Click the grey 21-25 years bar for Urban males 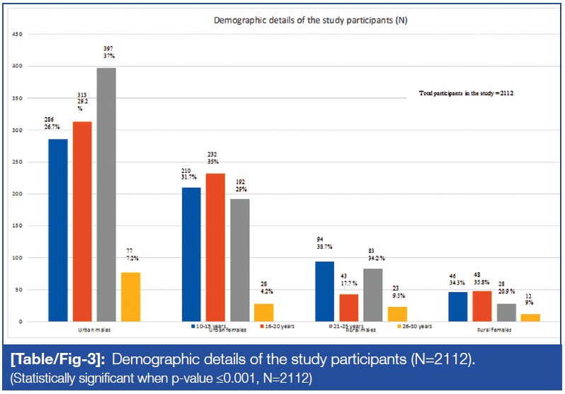[106, 195]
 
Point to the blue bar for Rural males [325, 291]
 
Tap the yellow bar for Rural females [530, 317]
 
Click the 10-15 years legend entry [210, 327]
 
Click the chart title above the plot [311, 21]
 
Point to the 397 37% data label [108, 54]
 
